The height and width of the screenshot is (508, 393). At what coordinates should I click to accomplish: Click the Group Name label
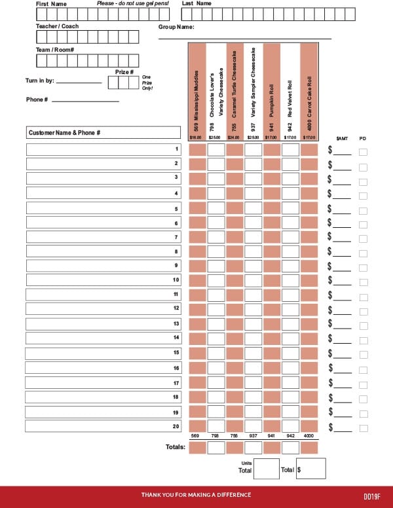[176, 27]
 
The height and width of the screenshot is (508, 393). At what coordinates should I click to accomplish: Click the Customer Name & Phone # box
[103, 133]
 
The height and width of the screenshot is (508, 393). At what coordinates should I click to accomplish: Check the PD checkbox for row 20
[364, 428]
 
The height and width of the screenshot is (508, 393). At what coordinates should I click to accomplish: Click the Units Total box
[266, 469]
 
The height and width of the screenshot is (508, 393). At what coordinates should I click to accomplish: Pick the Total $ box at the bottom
[313, 469]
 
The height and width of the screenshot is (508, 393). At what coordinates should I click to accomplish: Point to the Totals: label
[175, 448]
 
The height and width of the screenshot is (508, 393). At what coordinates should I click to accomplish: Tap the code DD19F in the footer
[373, 496]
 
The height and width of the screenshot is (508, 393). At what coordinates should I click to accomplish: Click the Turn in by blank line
[79, 83]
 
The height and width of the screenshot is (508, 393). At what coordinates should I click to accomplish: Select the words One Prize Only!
[147, 82]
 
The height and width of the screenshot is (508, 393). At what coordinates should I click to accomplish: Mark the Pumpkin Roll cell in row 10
[271, 280]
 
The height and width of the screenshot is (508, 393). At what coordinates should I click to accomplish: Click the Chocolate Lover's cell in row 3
[215, 178]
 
